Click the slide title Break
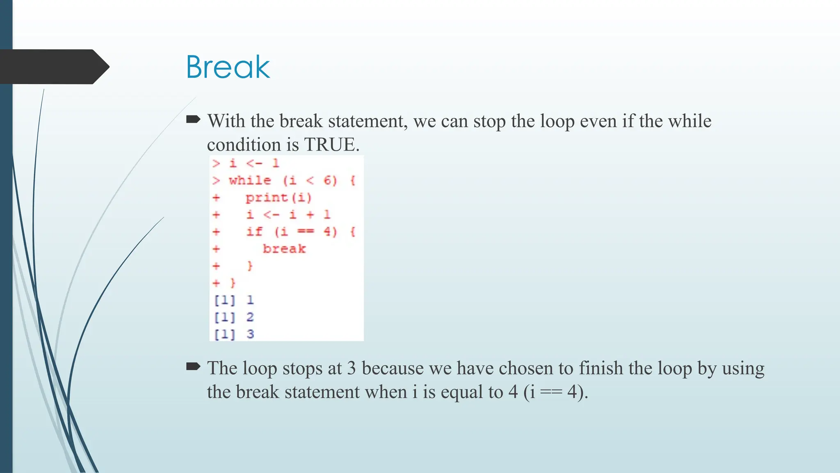coord(228,67)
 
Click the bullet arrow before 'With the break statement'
coord(193,119)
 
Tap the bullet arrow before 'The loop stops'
coord(193,366)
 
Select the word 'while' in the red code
coord(250,180)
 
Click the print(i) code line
coord(278,197)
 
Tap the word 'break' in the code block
coord(284,249)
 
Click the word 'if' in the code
coord(254,232)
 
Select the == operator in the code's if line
coord(306,232)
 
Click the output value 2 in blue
coord(250,317)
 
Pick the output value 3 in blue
coord(250,334)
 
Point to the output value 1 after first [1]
coord(250,300)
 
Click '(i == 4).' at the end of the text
coord(556,392)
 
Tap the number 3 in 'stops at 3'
coord(351,368)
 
